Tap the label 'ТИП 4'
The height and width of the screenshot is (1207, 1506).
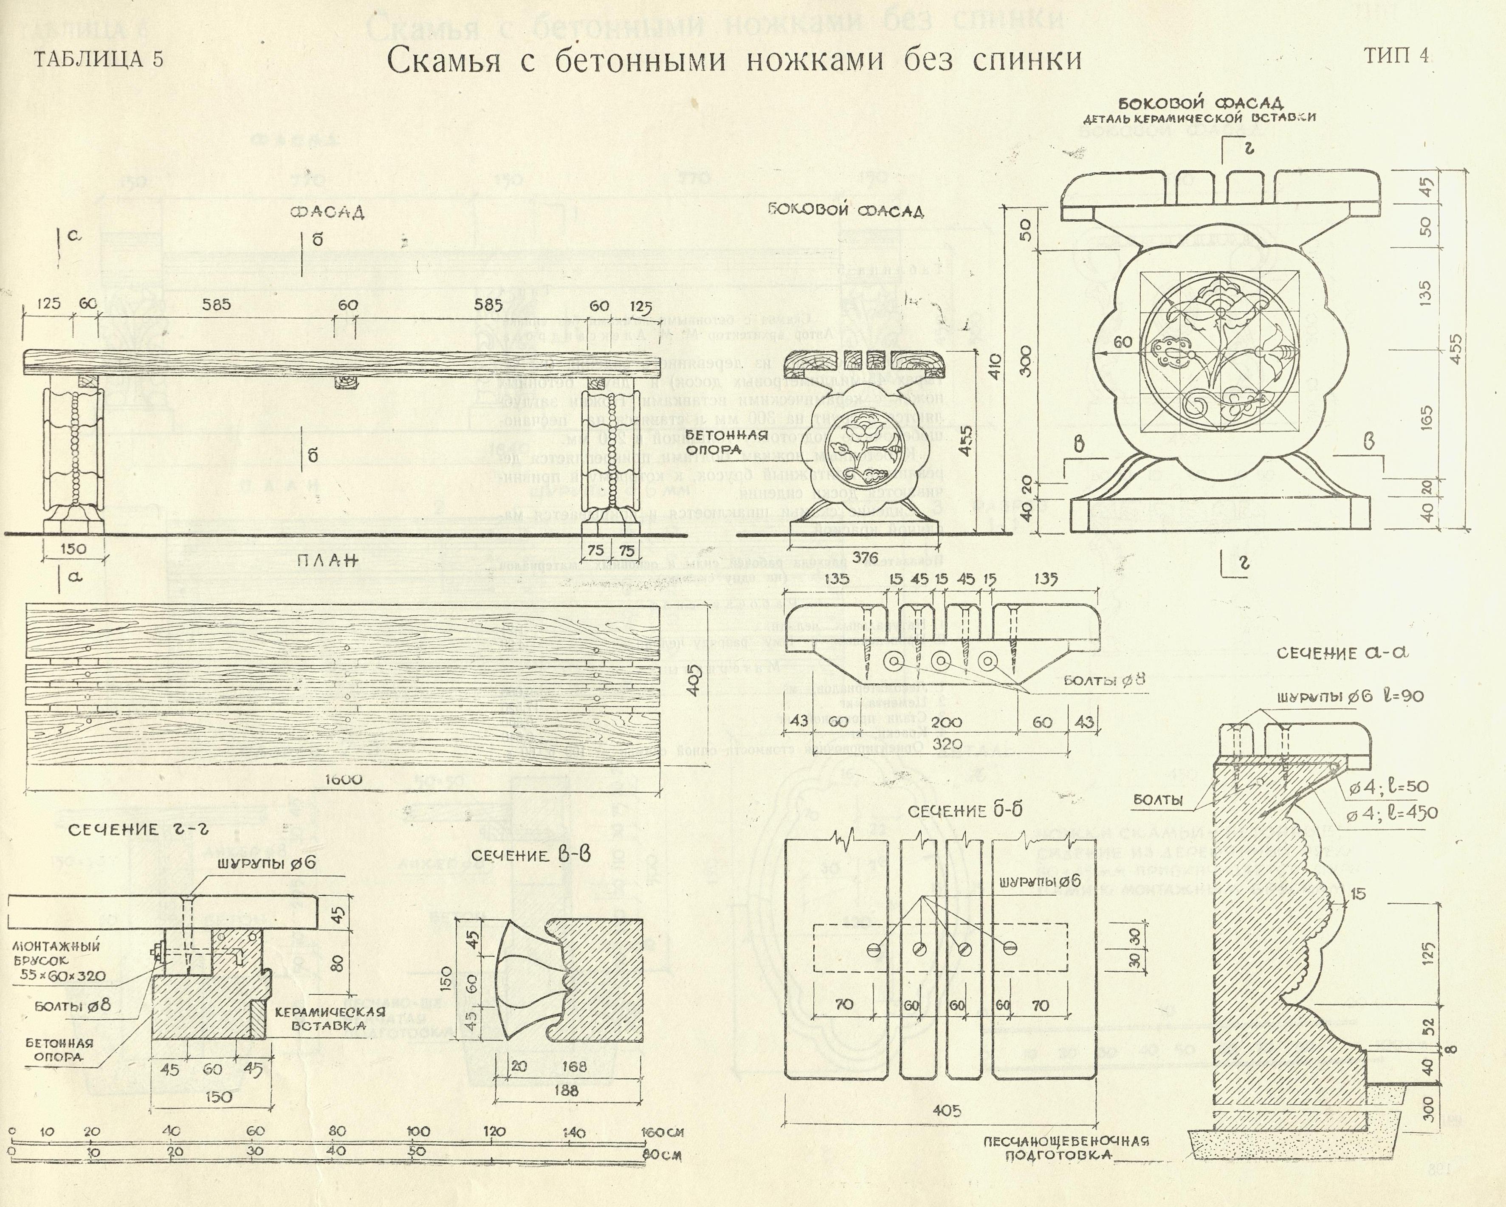pyautogui.click(x=1397, y=56)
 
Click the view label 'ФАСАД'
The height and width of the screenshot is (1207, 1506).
pyautogui.click(x=327, y=212)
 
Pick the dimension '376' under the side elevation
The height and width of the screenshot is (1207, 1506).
pyautogui.click(x=864, y=557)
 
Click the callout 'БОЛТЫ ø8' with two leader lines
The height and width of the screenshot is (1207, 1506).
pyautogui.click(x=1105, y=680)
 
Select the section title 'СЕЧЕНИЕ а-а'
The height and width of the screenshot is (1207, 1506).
pyautogui.click(x=1341, y=653)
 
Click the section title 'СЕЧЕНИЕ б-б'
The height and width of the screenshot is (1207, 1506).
pyautogui.click(x=965, y=811)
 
